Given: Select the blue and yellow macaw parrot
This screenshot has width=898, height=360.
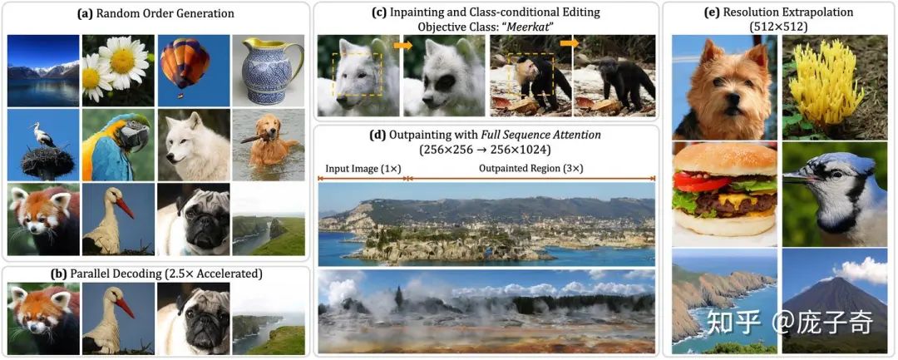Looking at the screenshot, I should click(117, 145).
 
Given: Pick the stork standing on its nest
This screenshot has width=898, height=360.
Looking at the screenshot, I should click(42, 145).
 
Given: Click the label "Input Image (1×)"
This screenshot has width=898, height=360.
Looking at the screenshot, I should click(360, 168).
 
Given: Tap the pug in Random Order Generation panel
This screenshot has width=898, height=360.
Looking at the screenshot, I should click(192, 219).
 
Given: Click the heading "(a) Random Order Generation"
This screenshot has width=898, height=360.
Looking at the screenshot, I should click(156, 13).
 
